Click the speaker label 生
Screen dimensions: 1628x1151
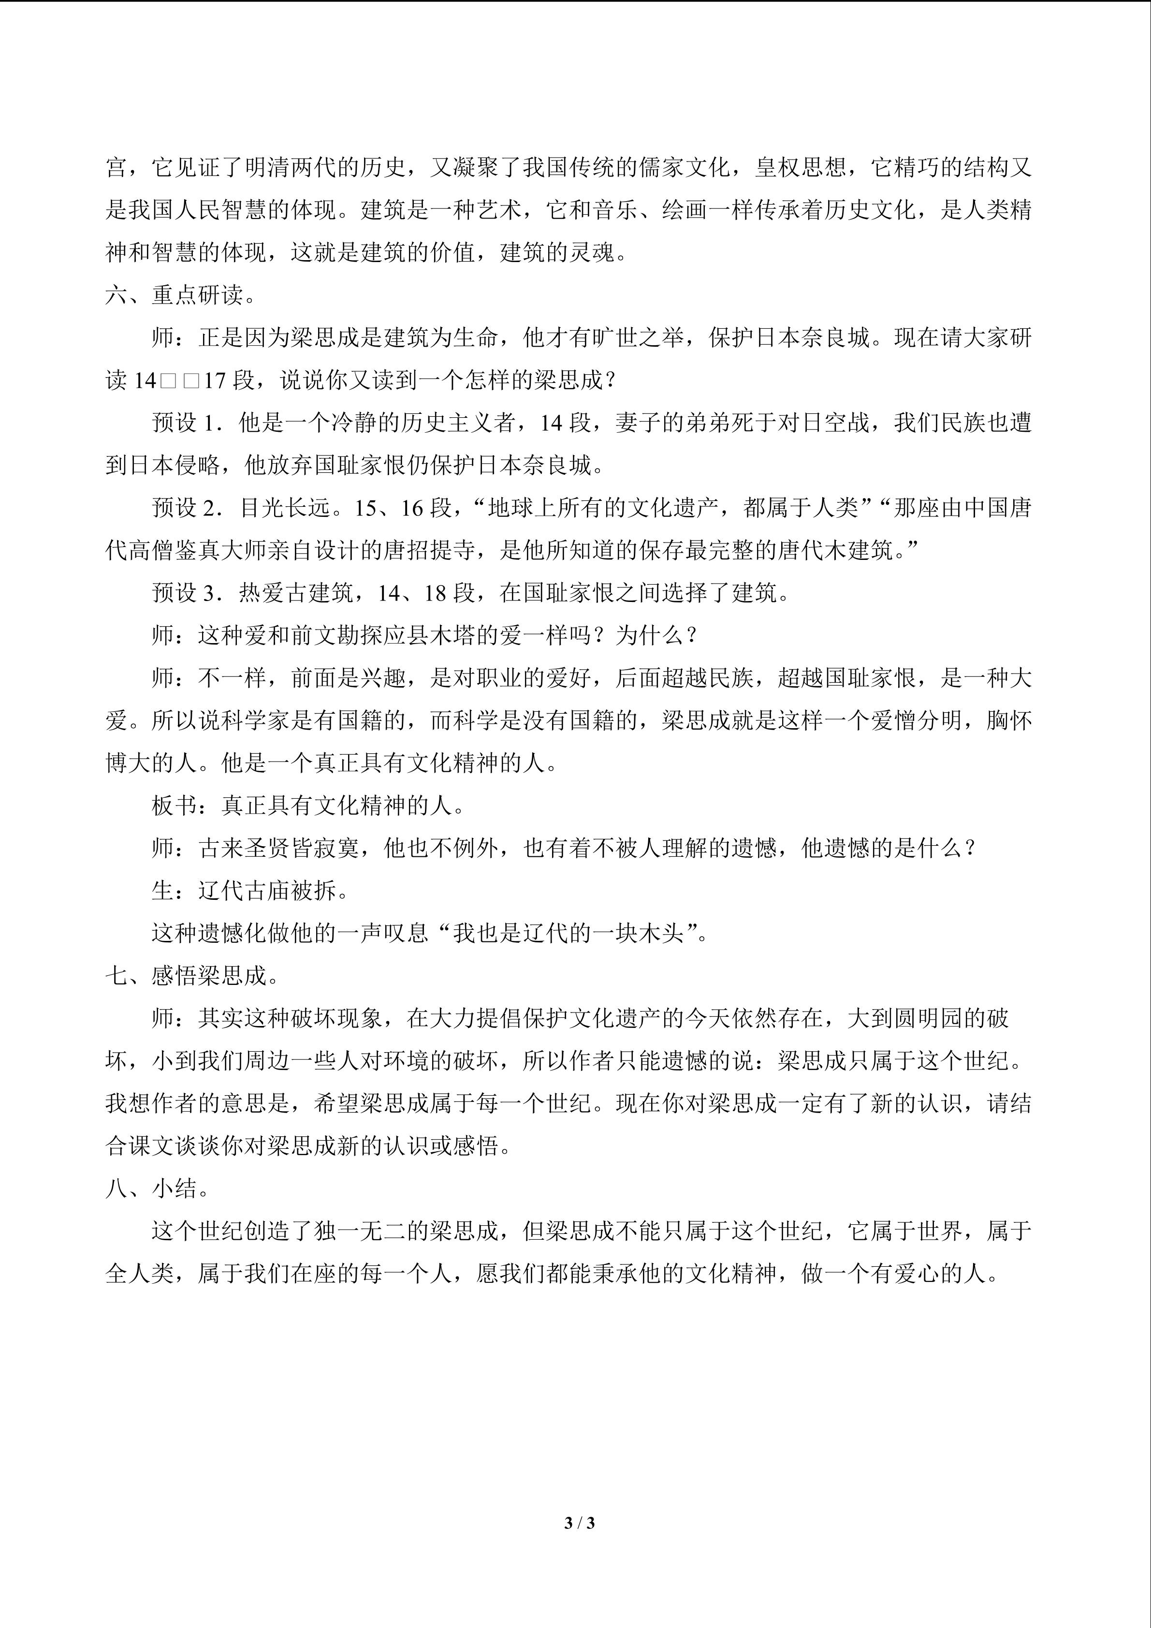pos(162,891)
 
